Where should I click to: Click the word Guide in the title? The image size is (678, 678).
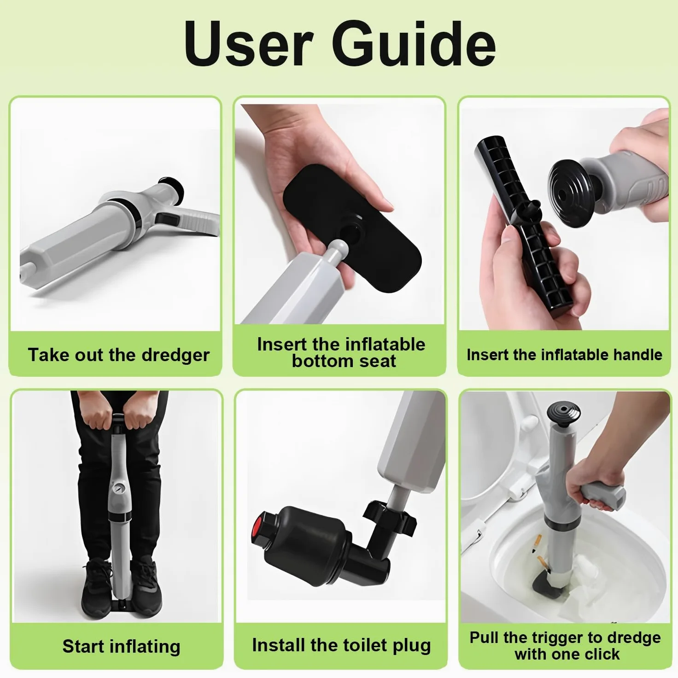tap(414, 44)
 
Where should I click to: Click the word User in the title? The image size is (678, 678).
tap(248, 44)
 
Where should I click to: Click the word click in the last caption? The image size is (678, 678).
tap(602, 654)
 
